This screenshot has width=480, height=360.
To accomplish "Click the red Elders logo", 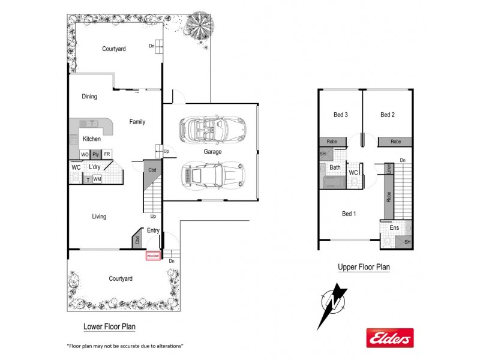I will click(390, 338).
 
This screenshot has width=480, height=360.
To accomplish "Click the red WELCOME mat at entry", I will click(153, 256).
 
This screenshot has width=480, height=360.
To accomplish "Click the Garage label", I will click(212, 152).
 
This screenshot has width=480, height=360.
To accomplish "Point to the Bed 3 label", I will click(341, 115).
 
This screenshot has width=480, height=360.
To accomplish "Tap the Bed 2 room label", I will click(387, 115).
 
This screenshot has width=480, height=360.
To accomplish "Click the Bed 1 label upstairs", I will click(349, 214).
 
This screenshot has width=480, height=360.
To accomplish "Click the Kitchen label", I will click(92, 139).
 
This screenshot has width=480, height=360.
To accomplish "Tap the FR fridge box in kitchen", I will click(107, 154).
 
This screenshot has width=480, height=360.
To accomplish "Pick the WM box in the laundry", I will click(97, 179).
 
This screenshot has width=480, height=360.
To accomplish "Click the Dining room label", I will click(89, 97).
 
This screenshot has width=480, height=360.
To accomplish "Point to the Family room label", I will click(137, 122).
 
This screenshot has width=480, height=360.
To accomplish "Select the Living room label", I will click(99, 217).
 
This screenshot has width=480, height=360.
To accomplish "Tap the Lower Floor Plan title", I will click(109, 327).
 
